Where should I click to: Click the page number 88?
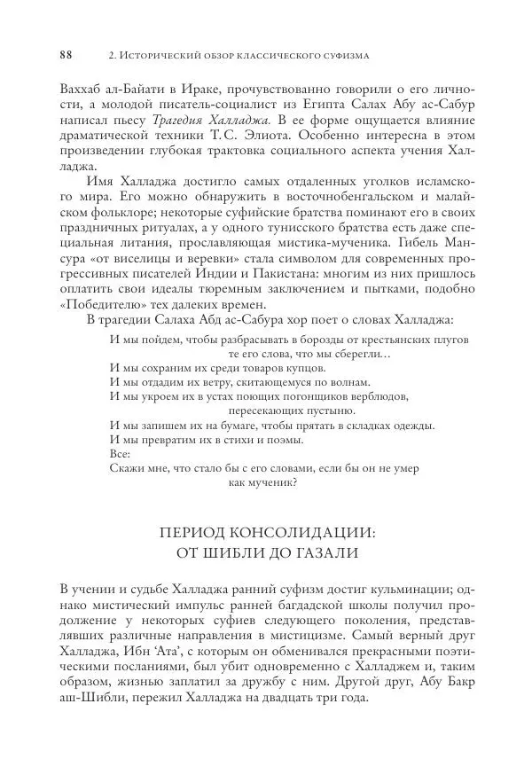click(66, 55)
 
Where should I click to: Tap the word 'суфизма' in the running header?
click(342, 55)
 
